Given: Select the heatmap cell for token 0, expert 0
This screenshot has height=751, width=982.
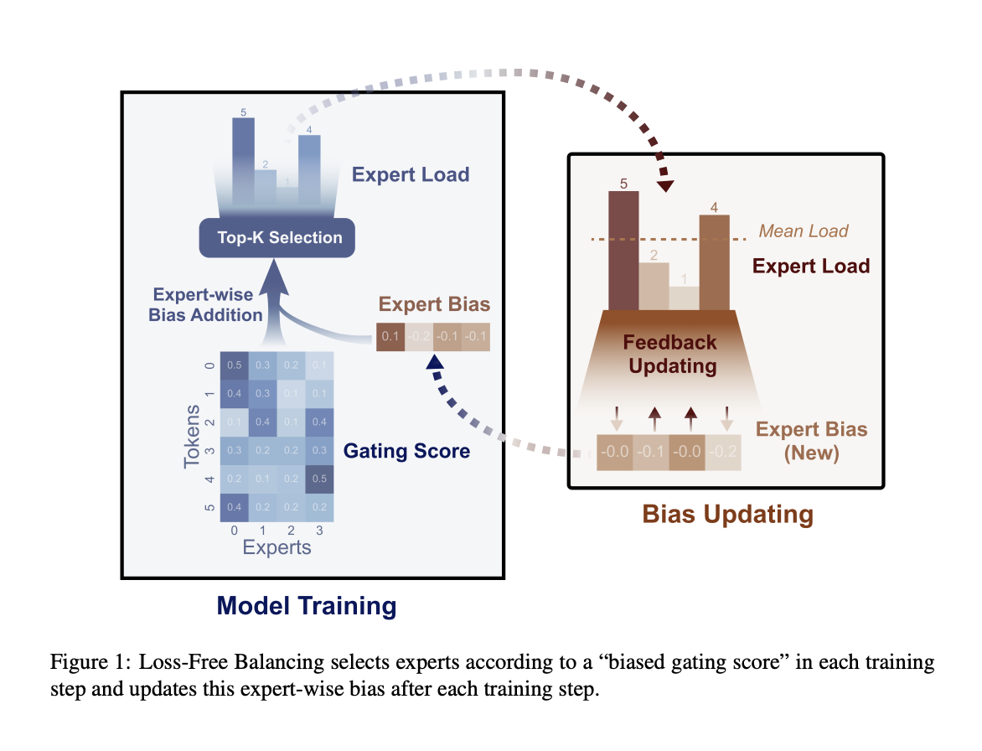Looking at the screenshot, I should [235, 365].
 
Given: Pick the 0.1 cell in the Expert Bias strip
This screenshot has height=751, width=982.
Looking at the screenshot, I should [390, 337].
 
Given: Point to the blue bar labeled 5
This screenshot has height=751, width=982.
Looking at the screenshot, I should [243, 159].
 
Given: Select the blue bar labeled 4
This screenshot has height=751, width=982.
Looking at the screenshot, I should [309, 168].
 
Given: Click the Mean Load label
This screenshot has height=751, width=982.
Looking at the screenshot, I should [804, 230].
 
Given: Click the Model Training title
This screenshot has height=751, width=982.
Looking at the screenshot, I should [307, 606].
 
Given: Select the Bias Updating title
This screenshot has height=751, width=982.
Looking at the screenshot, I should [727, 515].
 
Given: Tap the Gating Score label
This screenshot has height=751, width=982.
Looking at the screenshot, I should [406, 451].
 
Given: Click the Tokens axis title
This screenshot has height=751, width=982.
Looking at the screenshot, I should [192, 435].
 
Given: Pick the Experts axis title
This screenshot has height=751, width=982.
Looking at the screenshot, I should [277, 547].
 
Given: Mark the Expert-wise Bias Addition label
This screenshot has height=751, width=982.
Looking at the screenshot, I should [207, 305].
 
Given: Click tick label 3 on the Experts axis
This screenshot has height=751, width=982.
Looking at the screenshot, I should [319, 530].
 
